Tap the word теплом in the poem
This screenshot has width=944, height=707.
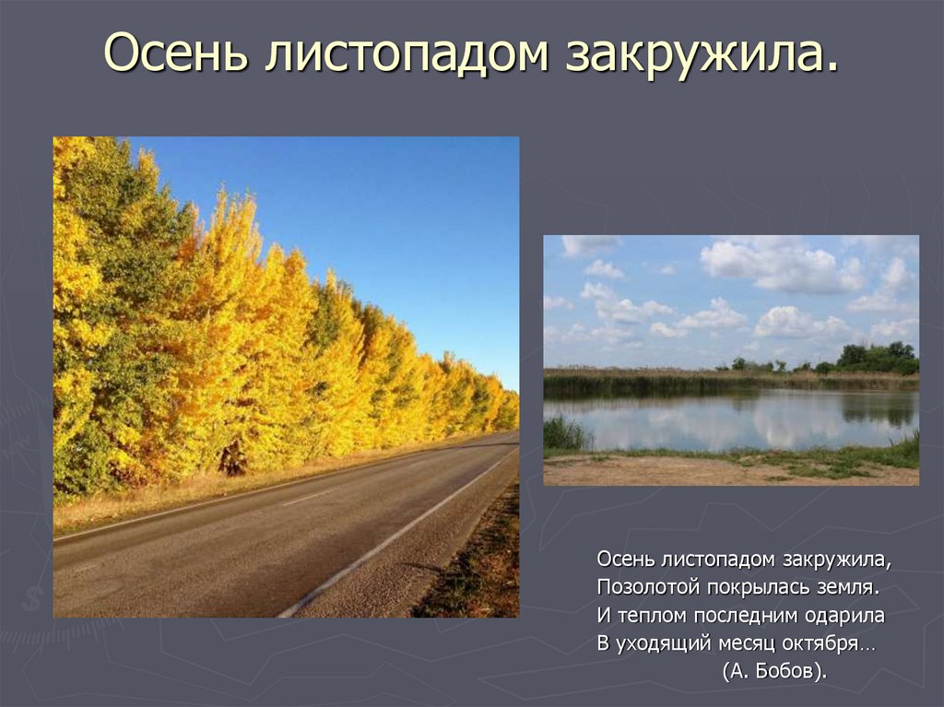click(x=651, y=615)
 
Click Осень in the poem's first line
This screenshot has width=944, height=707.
click(x=626, y=559)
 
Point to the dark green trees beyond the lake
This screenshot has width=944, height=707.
click(x=877, y=357)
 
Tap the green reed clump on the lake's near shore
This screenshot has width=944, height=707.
click(x=564, y=432)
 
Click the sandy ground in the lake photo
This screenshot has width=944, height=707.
click(x=701, y=471)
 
